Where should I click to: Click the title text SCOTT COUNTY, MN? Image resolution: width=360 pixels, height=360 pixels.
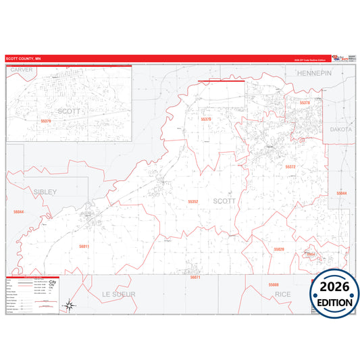coord(24,59)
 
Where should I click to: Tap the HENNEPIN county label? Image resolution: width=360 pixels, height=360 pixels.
coord(313,72)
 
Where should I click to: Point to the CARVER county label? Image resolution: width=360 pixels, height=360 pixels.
coord(22,70)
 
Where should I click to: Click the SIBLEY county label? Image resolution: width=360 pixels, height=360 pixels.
coord(45,192)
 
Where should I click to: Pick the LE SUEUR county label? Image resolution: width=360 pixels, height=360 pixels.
coord(119,294)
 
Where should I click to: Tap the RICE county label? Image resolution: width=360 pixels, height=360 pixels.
coord(283,294)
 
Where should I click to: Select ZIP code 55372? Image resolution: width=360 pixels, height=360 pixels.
coord(290,166)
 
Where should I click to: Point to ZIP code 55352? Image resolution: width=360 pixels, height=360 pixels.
coord(193,201)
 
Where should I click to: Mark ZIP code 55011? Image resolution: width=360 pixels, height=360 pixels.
coord(84,247)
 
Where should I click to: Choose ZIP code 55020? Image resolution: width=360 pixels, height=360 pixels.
coord(279,249)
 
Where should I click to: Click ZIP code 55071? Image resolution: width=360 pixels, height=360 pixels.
coord(196,278)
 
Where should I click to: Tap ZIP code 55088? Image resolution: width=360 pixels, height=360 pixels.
coord(272,284)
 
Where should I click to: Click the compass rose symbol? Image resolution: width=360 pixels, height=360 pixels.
coord(70,306)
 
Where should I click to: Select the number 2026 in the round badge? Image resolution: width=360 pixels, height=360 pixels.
coord(335,288)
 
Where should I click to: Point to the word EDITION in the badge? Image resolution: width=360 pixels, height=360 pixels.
coord(335,302)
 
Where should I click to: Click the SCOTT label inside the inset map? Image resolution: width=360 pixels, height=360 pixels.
coord(69,110)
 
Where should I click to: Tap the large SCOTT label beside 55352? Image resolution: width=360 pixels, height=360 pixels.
coord(225,201)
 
